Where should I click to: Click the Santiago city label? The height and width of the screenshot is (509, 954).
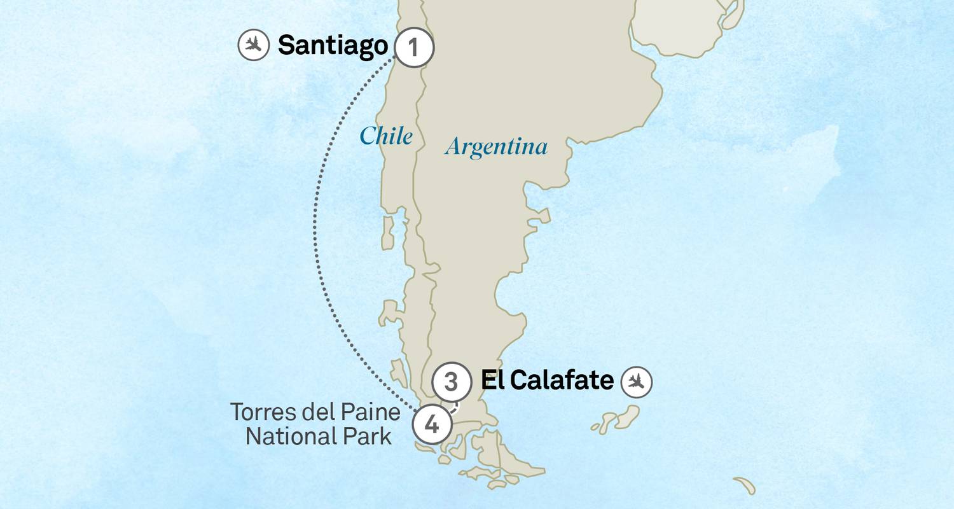point(333,46)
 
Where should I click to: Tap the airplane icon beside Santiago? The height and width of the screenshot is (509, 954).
point(253,46)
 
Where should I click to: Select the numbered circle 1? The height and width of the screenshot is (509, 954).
point(413,48)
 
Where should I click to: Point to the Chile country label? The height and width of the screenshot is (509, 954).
point(386,136)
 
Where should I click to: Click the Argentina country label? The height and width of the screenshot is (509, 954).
point(496,147)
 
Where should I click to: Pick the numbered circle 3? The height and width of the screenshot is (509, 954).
point(451,382)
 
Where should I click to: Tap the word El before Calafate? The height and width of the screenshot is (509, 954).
point(492,380)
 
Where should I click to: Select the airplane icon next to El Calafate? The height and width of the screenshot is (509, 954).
point(637,381)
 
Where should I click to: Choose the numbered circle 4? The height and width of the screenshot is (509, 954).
point(432,424)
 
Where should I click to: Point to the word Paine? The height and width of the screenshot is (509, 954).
point(371,412)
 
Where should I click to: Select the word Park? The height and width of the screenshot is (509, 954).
point(368,437)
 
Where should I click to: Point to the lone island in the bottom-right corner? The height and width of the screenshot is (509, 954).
point(745,485)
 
